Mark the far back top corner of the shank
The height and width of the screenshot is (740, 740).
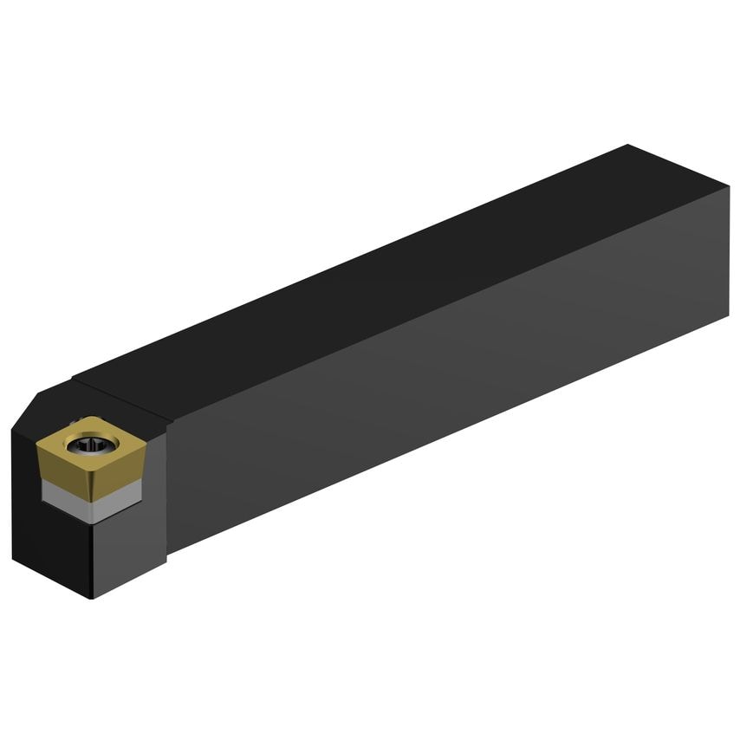627,146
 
